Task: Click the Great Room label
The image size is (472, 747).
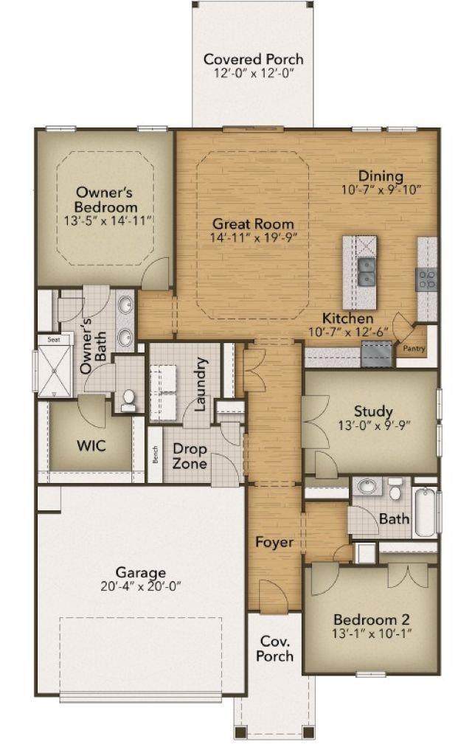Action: pos(253,223)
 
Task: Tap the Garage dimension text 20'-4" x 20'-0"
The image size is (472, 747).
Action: pos(141,586)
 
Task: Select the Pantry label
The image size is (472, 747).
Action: pos(414,348)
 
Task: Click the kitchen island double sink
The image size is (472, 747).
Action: pos(367,272)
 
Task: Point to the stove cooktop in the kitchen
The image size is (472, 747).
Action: pos(426,279)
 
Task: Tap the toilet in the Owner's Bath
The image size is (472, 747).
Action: pos(128,400)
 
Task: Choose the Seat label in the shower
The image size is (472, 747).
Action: pos(54,340)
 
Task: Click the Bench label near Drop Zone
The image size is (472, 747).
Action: pos(155,454)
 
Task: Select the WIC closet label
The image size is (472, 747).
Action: pos(91,446)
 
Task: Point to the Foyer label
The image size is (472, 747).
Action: pos(274,542)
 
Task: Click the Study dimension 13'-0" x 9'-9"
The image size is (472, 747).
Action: pos(375,425)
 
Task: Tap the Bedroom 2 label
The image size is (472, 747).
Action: pos(372,619)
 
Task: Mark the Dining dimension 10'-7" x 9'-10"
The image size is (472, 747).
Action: pos(381,190)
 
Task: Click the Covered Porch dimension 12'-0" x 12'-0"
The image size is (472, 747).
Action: pos(253,73)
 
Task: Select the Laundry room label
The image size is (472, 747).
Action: pos(201,384)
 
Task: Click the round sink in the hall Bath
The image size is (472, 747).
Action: pos(367,487)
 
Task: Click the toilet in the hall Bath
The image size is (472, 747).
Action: pos(395,489)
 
